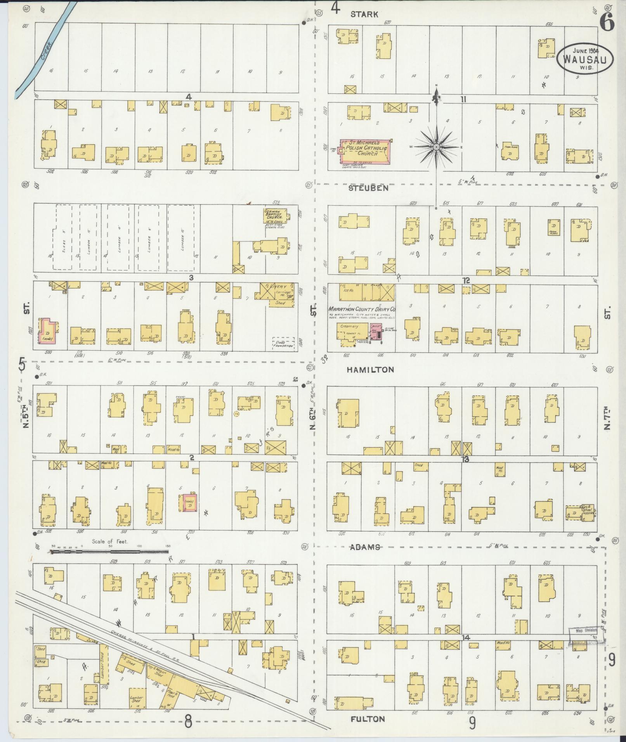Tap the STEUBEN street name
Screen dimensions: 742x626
368,188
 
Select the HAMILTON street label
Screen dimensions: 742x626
370,370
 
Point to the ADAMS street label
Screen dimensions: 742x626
364,547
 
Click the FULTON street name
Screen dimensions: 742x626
368,718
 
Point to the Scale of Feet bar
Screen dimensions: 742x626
110,550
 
